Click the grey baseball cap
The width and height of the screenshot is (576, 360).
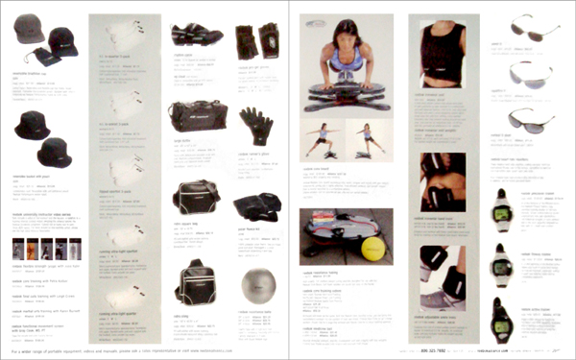29,29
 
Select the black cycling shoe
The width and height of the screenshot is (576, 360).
197,35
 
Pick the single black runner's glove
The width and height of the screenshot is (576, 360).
255,124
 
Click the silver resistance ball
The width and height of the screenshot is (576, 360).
256,285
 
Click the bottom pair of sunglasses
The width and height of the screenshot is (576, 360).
533,119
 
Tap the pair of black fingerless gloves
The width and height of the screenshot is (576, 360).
256,40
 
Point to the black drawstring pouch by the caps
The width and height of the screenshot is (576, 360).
44,57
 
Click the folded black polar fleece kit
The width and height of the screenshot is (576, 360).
255,205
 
